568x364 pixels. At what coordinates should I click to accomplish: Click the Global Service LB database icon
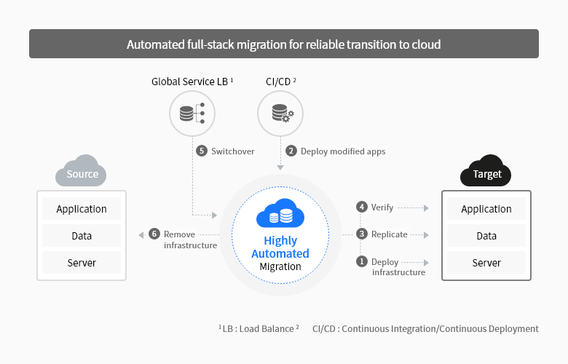click(x=192, y=114)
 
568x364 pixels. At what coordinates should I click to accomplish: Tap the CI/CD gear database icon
click(x=280, y=114)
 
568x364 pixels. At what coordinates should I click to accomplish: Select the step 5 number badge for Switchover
click(x=202, y=151)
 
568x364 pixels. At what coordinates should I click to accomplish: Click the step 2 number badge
click(x=291, y=151)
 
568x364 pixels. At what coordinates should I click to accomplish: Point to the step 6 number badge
click(x=154, y=234)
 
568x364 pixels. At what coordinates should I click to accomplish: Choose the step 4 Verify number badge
click(x=361, y=207)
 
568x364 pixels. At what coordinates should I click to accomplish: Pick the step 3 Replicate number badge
click(x=361, y=234)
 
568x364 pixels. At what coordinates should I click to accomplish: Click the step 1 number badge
click(x=361, y=261)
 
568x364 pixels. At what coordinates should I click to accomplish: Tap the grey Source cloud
click(x=82, y=172)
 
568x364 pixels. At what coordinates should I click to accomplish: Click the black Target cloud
click(x=486, y=172)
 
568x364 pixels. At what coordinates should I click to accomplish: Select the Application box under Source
click(x=82, y=209)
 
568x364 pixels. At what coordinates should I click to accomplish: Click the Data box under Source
click(x=82, y=236)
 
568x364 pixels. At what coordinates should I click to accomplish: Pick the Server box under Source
click(x=82, y=262)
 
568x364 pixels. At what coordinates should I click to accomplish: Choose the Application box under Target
click(x=486, y=209)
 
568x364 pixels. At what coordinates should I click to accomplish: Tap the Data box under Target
click(x=486, y=236)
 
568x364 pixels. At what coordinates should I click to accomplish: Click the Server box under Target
click(x=486, y=262)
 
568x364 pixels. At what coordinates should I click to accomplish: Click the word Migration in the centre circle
click(x=280, y=266)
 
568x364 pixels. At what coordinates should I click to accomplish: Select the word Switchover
click(x=233, y=151)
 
